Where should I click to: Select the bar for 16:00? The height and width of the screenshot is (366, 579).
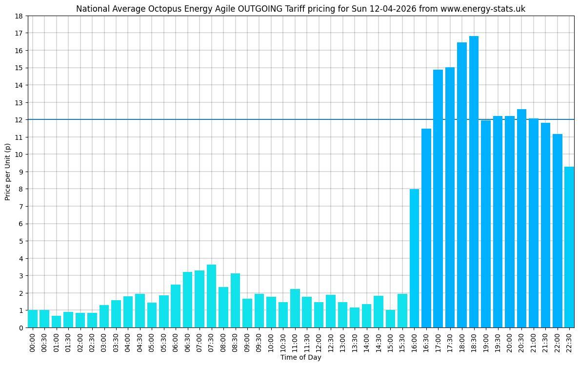pyautogui.click(x=414, y=258)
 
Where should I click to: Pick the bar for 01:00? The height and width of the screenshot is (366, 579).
pyautogui.click(x=57, y=322)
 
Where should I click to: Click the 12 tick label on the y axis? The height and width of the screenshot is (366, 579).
pyautogui.click(x=19, y=120)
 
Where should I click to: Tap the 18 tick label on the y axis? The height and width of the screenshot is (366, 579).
pyautogui.click(x=19, y=16)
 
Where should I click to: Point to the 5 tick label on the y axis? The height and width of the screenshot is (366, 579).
pyautogui.click(x=21, y=241)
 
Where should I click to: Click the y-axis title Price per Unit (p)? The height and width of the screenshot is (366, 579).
pyautogui.click(x=8, y=172)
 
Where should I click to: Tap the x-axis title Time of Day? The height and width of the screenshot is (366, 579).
pyautogui.click(x=300, y=358)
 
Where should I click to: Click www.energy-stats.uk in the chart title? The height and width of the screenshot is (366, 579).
pyautogui.click(x=476, y=9)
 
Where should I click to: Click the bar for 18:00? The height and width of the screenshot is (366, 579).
pyautogui.click(x=462, y=185)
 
